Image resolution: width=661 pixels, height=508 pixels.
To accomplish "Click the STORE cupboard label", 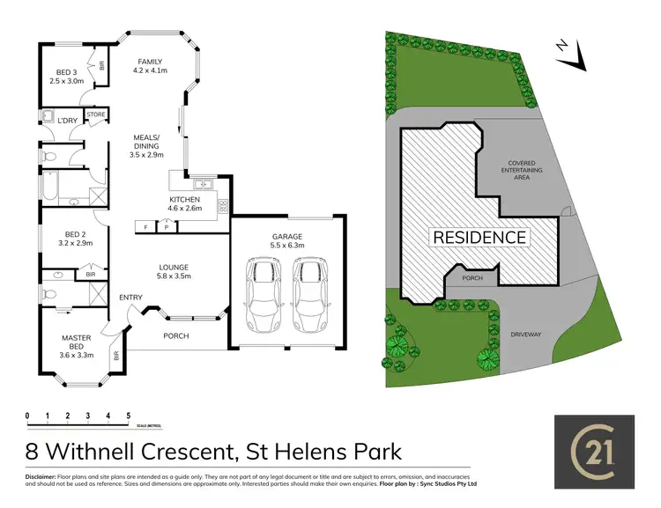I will tap(96, 114).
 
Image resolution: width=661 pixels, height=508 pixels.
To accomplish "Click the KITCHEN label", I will tap(186, 200).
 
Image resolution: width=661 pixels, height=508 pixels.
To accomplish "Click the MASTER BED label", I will tap(77, 338).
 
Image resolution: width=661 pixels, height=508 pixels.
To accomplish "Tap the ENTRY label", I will tap(131, 298).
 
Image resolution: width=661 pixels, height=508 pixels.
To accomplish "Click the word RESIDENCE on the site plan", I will tap(479, 238).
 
